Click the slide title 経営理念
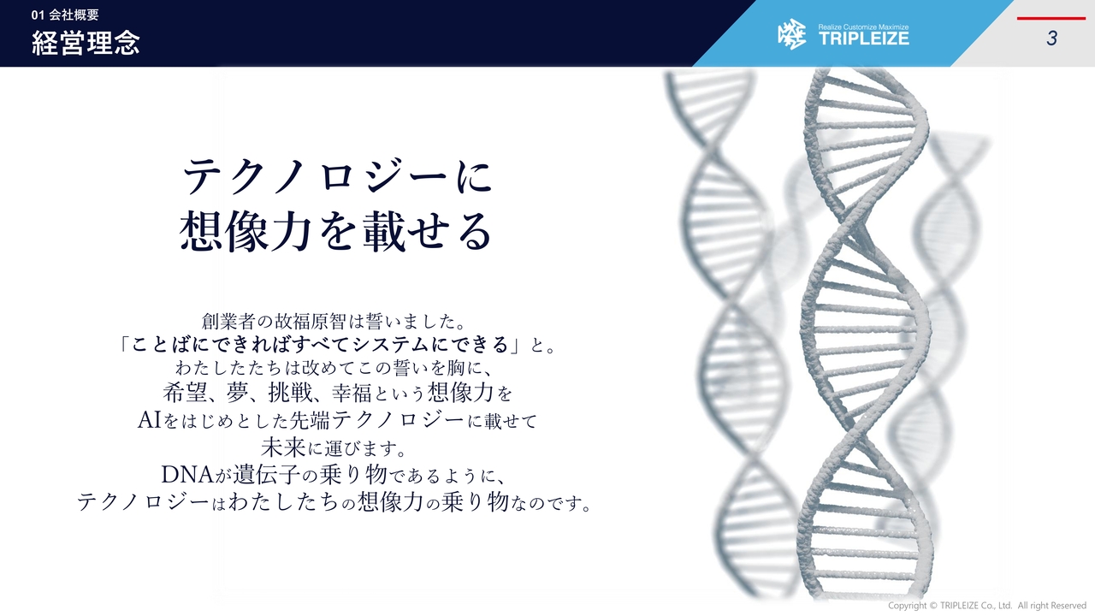pyautogui.click(x=86, y=44)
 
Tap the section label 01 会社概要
pyautogui.click(x=65, y=15)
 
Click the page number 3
pyautogui.click(x=1051, y=38)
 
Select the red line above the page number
pyautogui.click(x=1051, y=18)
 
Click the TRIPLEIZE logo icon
pyautogui.click(x=791, y=35)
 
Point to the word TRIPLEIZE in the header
pyautogui.click(x=863, y=39)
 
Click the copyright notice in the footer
pyautogui.click(x=986, y=606)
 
